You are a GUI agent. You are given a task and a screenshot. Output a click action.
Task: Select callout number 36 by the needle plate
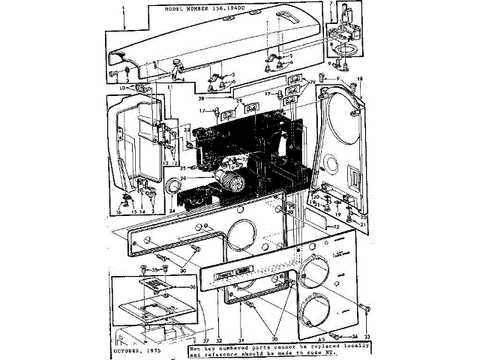point(172,286)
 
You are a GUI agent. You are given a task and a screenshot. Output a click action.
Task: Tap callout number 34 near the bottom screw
point(354,335)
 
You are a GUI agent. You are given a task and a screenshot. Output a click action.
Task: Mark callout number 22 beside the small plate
point(337,226)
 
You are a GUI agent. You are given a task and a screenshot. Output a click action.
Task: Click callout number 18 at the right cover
point(359,79)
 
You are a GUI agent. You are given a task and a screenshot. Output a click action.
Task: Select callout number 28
point(202,98)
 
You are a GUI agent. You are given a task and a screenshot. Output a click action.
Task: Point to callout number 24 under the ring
point(172,211)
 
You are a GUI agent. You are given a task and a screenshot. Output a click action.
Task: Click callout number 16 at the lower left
point(118,212)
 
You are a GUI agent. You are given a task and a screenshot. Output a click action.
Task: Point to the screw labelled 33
point(366,307)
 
